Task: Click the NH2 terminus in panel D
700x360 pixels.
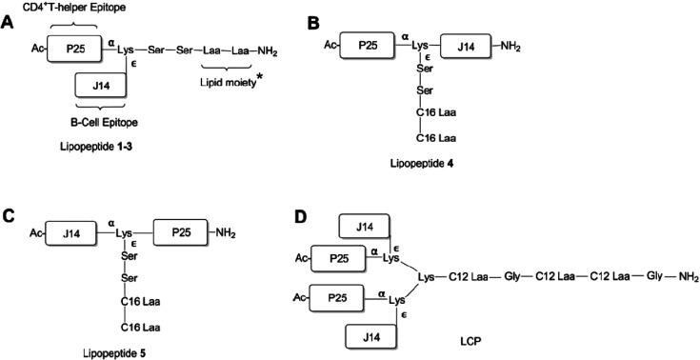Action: click(x=688, y=277)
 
